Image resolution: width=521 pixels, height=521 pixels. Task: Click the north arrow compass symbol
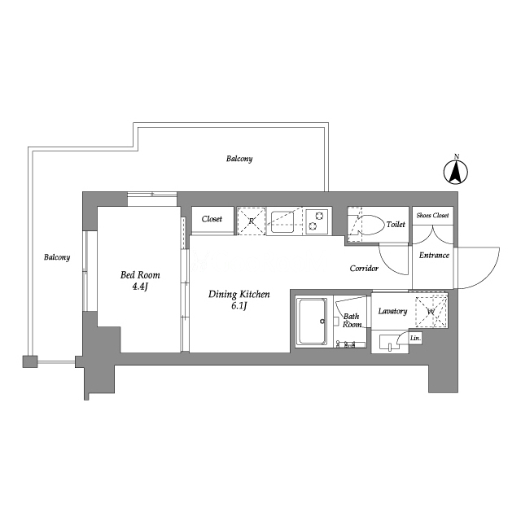[x=456, y=172]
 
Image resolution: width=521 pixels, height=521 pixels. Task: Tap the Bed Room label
[x=140, y=275]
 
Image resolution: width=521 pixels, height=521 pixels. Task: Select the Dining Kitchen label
[x=239, y=294]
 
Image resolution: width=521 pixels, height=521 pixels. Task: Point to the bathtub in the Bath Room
[x=313, y=322]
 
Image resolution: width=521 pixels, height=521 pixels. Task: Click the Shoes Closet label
[x=432, y=215]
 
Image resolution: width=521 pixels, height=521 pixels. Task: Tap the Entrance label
[x=434, y=255]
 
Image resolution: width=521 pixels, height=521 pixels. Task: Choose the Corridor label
[x=364, y=268]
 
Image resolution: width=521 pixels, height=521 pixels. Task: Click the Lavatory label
[x=392, y=311]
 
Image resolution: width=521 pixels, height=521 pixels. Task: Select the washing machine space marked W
[x=431, y=312]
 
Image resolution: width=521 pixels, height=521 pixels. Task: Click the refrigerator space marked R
[x=252, y=221]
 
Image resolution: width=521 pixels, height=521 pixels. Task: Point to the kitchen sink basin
[x=282, y=221]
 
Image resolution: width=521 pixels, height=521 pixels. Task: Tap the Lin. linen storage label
[x=415, y=339]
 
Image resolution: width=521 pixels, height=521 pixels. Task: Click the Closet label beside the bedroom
[x=212, y=219]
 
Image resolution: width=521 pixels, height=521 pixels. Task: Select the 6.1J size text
[x=239, y=306]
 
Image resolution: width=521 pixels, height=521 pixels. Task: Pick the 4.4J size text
[x=139, y=287]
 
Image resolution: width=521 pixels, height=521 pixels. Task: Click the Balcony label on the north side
[x=239, y=159]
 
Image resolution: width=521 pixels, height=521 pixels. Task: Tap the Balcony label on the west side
[x=57, y=257]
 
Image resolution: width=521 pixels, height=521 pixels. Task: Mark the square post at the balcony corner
[x=30, y=361]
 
